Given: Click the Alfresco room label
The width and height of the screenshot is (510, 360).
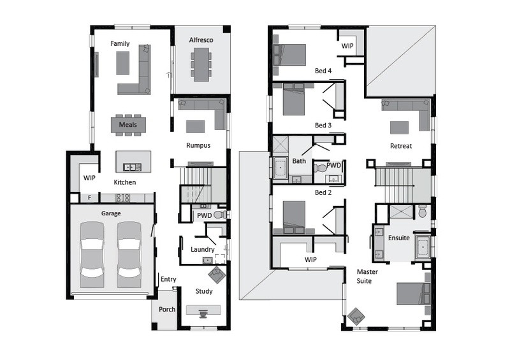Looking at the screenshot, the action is tap(201, 40).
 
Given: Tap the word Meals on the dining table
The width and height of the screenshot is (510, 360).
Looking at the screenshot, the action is tap(128, 124).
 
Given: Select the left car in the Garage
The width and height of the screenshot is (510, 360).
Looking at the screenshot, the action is tap(92, 255).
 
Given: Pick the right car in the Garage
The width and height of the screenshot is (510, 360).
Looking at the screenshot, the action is tap(129, 255).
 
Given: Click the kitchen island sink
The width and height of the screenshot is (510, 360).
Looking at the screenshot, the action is tap(133, 168).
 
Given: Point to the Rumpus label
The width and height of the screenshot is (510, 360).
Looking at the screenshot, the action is tap(198, 145).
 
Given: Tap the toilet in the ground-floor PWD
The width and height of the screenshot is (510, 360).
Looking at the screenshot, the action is tap(220, 215).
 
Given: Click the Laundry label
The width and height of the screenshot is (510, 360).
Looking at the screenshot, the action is tap(202, 249).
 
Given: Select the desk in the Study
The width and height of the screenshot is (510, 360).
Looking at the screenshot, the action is tap(203, 310).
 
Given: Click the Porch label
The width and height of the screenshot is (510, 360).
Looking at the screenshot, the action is tap(167, 309).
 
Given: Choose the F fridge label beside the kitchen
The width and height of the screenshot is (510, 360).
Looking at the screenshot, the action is tap(89, 198).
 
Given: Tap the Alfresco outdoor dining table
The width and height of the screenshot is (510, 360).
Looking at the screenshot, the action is tap(201, 64).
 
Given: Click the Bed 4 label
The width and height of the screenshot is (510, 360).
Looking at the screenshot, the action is tap(323, 71).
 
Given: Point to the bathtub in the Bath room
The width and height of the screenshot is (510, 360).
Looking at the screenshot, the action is tap(280, 168).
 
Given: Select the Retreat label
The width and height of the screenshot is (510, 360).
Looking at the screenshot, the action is tap(401, 146).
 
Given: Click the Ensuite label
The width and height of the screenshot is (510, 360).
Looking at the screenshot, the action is tap(399, 238).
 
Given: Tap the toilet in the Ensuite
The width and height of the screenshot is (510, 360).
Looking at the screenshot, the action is tap(422, 211).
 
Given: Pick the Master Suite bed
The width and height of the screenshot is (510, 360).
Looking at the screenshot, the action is tap(413, 294).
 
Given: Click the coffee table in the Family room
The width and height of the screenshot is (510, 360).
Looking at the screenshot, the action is tap(122, 63).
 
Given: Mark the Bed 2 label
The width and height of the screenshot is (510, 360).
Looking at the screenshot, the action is tap(323, 192).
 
